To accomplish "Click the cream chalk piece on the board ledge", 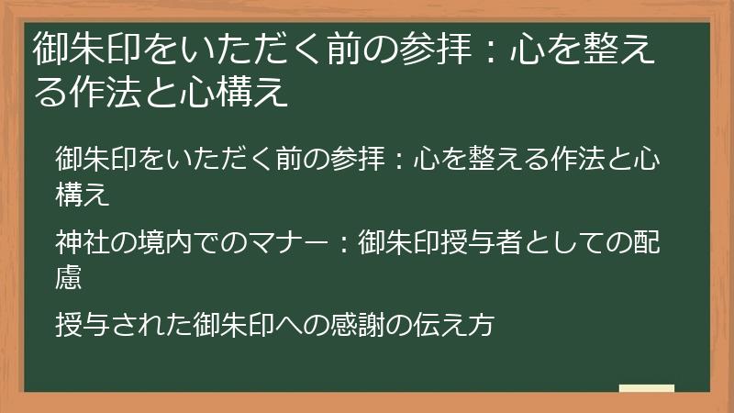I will (x=646, y=389).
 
